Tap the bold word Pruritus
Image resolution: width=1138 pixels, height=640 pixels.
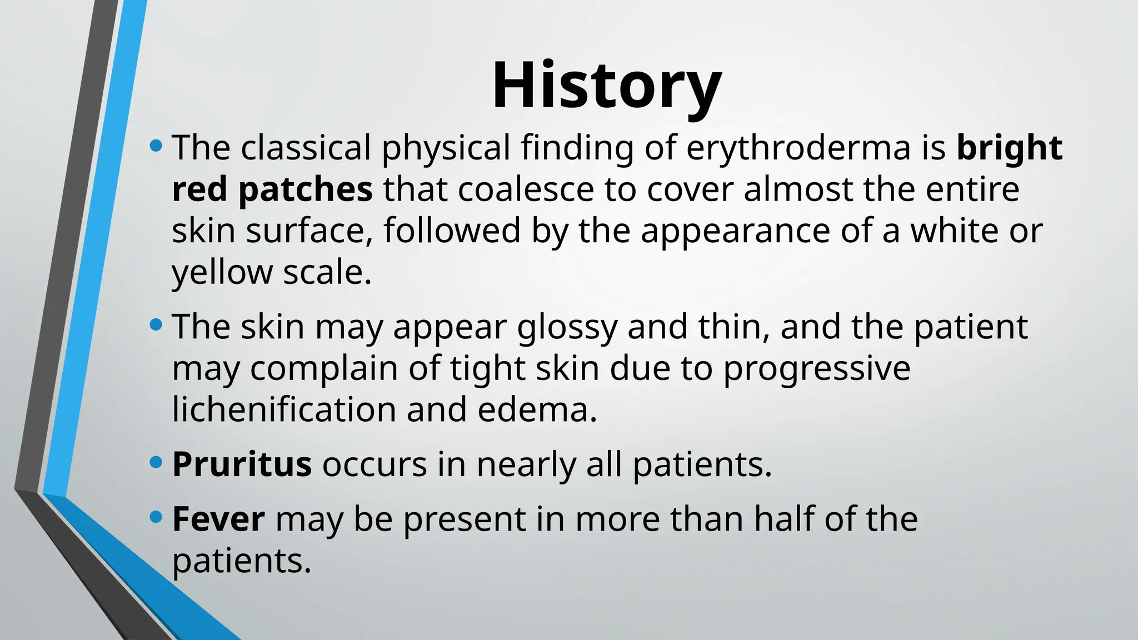point(242,464)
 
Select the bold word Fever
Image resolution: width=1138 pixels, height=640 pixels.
point(218,519)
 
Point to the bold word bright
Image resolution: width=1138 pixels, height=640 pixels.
point(1009,148)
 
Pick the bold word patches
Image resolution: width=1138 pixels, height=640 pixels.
point(305,189)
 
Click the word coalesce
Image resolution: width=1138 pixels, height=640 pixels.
point(526,189)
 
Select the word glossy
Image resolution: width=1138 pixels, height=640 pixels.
point(567,328)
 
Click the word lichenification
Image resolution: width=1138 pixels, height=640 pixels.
point(283,409)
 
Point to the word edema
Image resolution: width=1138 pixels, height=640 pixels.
point(537,409)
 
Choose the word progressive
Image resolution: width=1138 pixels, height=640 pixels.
point(817,369)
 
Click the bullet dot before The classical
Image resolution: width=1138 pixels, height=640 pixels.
point(156,147)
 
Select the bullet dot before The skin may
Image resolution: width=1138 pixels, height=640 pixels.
point(156,324)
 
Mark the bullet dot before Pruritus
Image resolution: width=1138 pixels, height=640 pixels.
point(156,462)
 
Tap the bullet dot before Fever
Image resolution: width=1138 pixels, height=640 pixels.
point(156,517)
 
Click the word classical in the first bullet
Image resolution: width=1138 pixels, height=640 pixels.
point(306,148)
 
